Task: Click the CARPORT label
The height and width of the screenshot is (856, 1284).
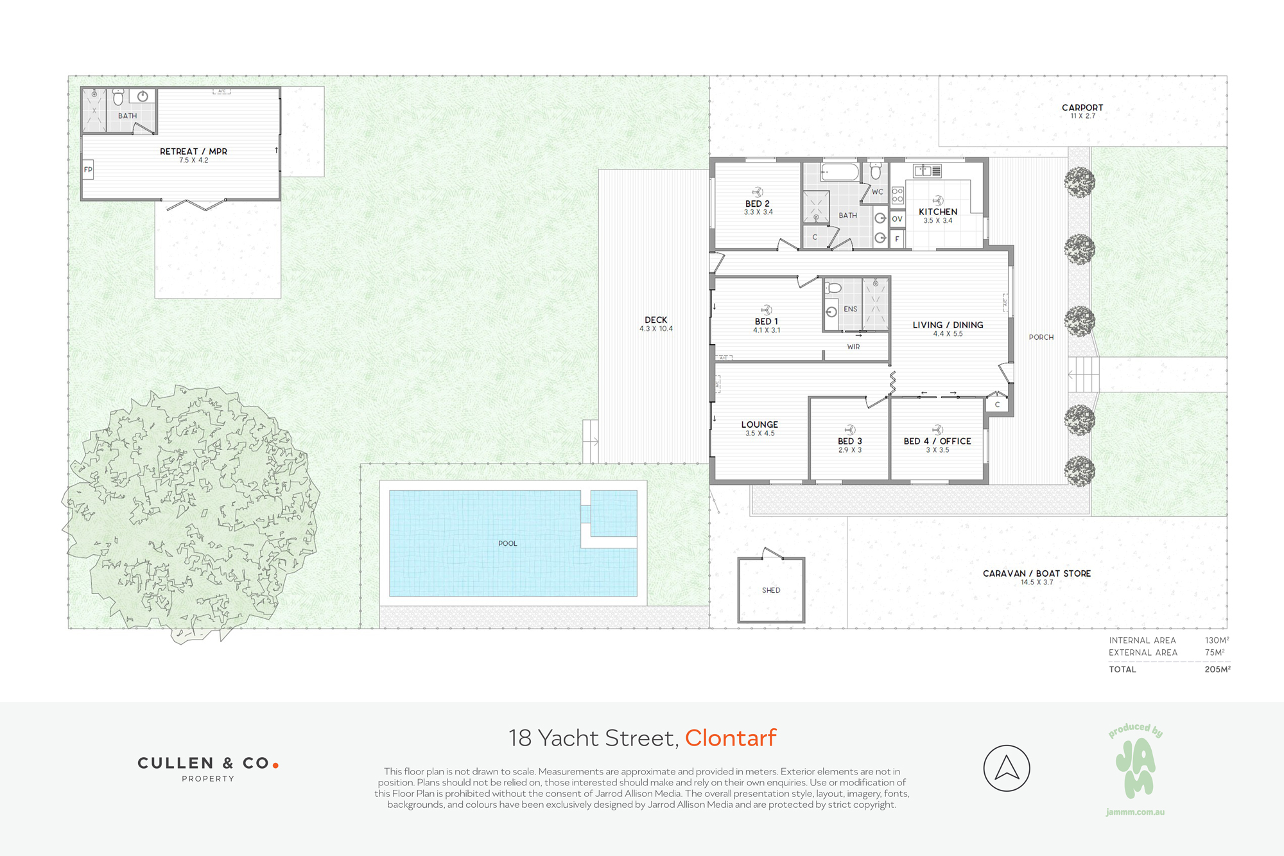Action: point(1082,108)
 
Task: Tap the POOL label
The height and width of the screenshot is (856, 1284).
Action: point(507,543)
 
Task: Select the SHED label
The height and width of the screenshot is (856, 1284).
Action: point(771,590)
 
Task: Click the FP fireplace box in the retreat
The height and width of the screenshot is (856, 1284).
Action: point(88,170)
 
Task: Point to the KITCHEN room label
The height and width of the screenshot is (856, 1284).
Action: point(938,212)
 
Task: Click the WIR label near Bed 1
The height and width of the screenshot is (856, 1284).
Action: point(853,347)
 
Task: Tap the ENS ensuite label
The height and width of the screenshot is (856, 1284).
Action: point(851,309)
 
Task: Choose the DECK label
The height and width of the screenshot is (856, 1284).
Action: point(656,320)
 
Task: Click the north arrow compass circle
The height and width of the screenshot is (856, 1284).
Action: point(1007,768)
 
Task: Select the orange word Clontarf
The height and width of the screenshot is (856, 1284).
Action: point(731,738)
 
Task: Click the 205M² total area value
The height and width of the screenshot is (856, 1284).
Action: point(1217,669)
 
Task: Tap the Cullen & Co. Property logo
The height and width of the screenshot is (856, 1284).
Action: point(208,768)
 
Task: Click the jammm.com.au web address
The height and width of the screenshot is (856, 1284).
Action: point(1135,812)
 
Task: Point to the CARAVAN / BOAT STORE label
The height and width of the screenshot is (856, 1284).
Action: point(1037,573)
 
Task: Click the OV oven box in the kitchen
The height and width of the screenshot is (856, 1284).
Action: point(898,219)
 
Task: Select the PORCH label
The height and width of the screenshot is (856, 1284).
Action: point(1041,337)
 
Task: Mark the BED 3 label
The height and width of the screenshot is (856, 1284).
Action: point(850,441)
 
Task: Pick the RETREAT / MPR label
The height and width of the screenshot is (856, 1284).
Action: point(193,152)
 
